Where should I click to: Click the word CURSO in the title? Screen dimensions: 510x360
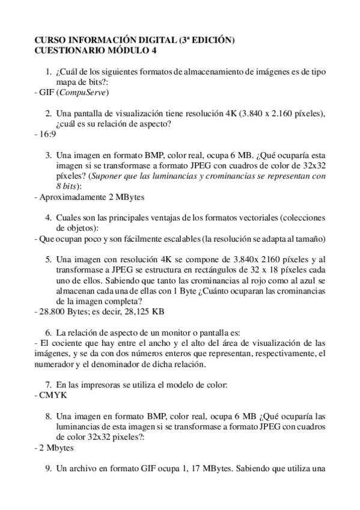coord(50,40)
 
